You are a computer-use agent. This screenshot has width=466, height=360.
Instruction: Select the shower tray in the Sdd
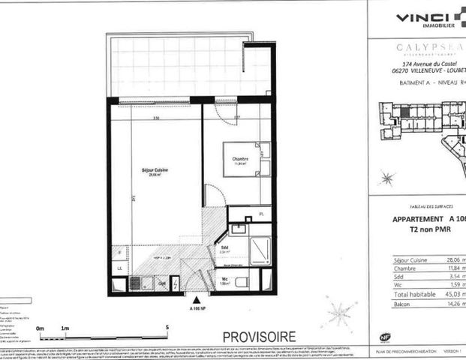[260, 247]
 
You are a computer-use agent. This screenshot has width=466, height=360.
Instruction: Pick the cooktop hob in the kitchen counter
[137, 283]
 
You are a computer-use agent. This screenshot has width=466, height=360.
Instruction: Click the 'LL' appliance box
[119, 268]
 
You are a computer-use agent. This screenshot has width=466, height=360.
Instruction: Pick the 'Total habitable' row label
[412, 294]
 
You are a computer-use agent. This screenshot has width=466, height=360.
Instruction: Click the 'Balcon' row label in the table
[403, 304]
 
